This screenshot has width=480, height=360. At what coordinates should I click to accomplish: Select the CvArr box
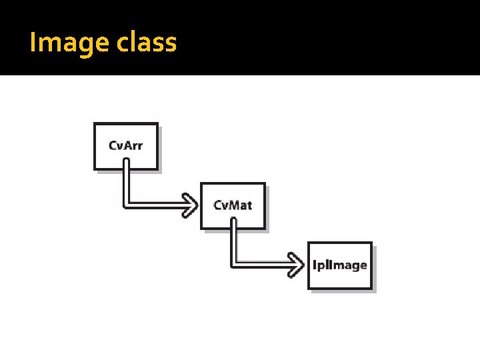point(126,146)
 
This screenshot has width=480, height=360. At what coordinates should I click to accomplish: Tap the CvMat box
point(233,205)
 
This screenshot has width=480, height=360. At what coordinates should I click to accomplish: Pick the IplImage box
point(340,265)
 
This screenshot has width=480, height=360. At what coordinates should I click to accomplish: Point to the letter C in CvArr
point(114,146)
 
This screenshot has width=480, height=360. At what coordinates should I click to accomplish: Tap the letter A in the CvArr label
point(129,146)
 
